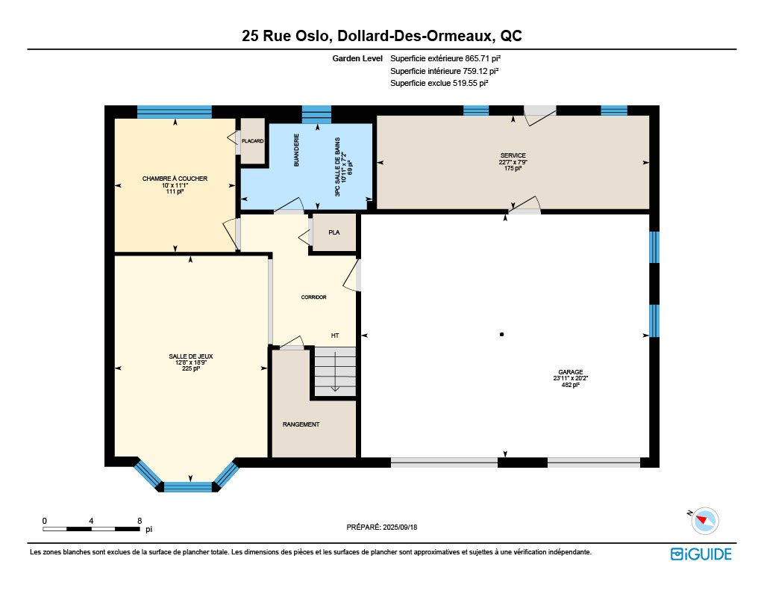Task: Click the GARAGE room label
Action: tap(570, 372)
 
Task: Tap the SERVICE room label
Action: tap(513, 155)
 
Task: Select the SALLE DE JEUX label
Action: tap(190, 356)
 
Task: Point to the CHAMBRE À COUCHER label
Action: tap(175, 179)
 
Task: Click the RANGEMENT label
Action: tap(301, 424)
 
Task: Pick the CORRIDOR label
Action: tap(313, 297)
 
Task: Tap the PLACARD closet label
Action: tap(252, 141)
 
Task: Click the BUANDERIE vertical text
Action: tap(296, 150)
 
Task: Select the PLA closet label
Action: tap(334, 232)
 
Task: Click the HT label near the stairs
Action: tap(335, 335)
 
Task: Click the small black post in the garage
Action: tap(501, 334)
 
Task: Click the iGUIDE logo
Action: tap(701, 554)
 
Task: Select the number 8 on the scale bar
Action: tap(140, 521)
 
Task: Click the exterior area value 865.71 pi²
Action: tap(483, 58)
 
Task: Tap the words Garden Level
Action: tap(357, 58)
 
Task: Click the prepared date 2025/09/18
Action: tap(400, 527)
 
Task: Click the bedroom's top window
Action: tap(175, 112)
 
